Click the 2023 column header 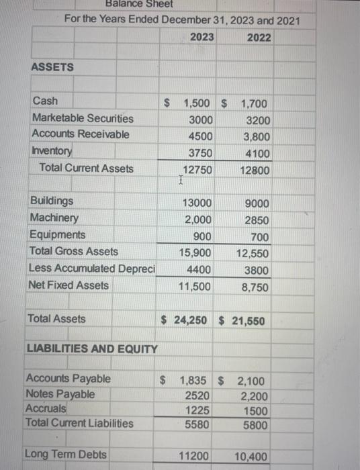tap(202, 37)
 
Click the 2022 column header tap(259, 37)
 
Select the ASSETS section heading tap(52, 68)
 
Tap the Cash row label tap(45, 101)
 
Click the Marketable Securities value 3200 tap(259, 121)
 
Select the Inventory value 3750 tap(200, 153)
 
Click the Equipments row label tap(58, 235)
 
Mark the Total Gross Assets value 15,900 tap(196, 253)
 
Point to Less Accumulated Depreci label tap(91, 269)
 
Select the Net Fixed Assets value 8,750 tap(256, 287)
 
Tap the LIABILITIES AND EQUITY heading tap(92, 349)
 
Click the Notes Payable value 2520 tap(199, 395)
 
